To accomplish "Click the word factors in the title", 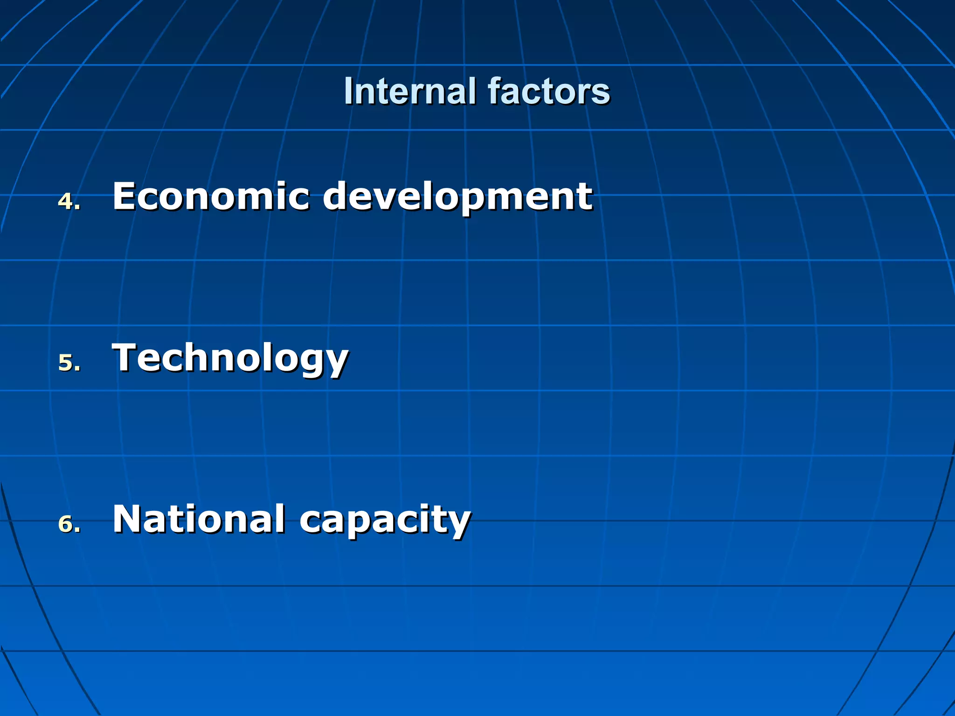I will coord(549,91).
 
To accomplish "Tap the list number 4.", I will coord(66,201).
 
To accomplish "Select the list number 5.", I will coord(66,363).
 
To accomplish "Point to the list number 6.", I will coord(66,524).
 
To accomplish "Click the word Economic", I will coord(211,196).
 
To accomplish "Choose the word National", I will coord(199,519).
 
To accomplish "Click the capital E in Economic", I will coord(125,196).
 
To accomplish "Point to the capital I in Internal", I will coord(348,91).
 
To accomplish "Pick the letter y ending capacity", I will coord(459,523).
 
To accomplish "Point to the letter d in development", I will coord(337,196).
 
